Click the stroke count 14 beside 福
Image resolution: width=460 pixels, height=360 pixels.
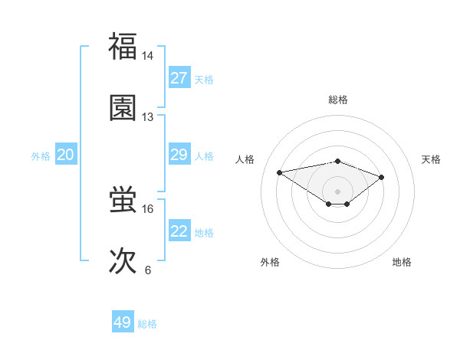[x=148, y=56]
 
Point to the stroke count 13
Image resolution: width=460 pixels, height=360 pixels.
[x=148, y=117]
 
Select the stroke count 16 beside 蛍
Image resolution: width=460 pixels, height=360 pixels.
[x=148, y=208]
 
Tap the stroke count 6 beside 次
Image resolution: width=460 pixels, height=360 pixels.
[x=148, y=270]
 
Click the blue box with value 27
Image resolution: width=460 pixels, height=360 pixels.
[x=179, y=78]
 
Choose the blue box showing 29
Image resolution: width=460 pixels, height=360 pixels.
[x=179, y=155]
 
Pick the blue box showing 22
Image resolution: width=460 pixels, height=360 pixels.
[x=179, y=231]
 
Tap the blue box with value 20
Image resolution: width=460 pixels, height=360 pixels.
[x=66, y=155]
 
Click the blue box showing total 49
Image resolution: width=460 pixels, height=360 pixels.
[x=123, y=322]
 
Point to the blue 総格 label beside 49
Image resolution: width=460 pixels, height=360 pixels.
[x=147, y=324]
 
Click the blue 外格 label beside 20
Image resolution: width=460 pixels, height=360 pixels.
[x=41, y=156]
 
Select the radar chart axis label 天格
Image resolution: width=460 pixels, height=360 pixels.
[x=432, y=159]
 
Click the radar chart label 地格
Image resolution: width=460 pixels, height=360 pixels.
[x=402, y=262]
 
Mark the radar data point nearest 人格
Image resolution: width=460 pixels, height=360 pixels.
[x=280, y=172]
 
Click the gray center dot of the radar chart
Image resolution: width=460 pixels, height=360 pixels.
[x=337, y=191]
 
